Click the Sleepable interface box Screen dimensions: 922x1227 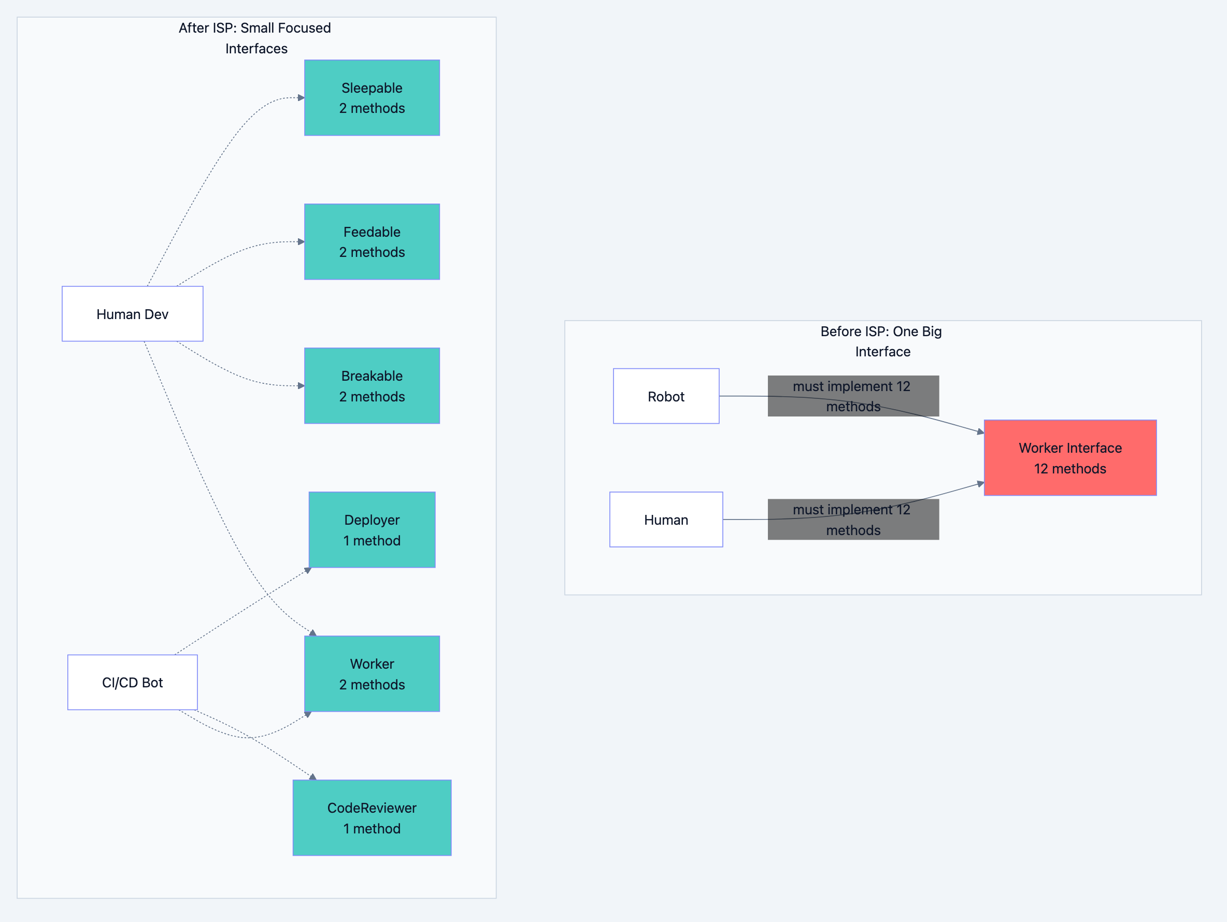pos(372,97)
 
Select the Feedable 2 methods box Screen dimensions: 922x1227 pos(372,242)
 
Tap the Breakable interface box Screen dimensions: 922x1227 pos(372,386)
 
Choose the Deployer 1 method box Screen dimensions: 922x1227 pos(372,529)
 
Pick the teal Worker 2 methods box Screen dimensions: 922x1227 pos(372,673)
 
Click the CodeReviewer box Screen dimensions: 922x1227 pos(372,818)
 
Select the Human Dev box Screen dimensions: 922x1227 pos(133,314)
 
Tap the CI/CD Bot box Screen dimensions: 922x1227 pos(133,682)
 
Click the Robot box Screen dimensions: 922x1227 pos(666,396)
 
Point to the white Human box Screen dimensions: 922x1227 pos(666,520)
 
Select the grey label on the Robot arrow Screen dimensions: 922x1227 pos(853,396)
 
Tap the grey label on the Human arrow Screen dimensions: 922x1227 pos(853,520)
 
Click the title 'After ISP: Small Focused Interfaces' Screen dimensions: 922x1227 pos(255,38)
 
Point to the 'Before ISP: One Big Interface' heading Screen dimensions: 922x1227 pos(881,341)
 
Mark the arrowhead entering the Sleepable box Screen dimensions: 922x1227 pos(301,97)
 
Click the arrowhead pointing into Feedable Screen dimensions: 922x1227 pos(301,242)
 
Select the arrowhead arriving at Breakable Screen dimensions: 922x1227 pos(301,386)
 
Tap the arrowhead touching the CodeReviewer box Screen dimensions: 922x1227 pos(313,777)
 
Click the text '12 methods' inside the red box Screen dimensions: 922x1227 pos(1070,468)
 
